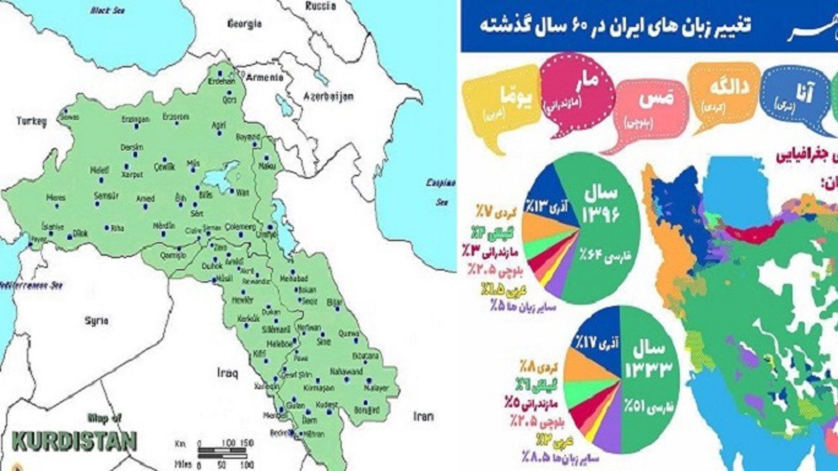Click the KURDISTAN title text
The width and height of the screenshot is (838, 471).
[x=74, y=441]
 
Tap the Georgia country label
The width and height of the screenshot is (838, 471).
[x=244, y=24]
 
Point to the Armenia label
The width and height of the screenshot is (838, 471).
[x=264, y=77]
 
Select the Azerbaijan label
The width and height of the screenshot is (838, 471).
[x=328, y=96]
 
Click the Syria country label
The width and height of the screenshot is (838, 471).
[x=96, y=320]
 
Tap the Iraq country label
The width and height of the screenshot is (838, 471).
[x=227, y=373]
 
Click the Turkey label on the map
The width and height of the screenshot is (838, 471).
[x=31, y=121]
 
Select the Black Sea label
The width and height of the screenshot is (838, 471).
[x=107, y=10]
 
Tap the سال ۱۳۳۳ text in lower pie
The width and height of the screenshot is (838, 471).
[x=648, y=361]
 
